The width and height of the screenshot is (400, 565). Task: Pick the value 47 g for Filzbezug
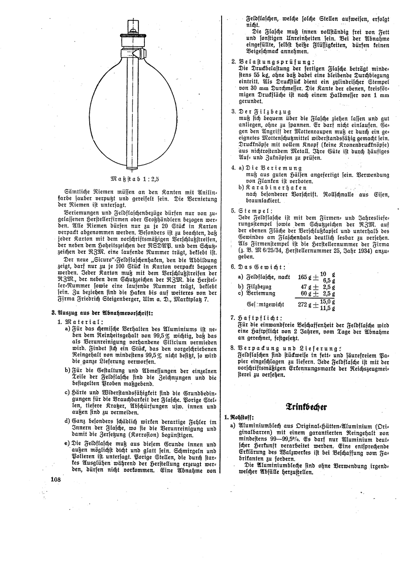[307, 287]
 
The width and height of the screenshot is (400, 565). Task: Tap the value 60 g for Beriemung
[307, 293]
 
